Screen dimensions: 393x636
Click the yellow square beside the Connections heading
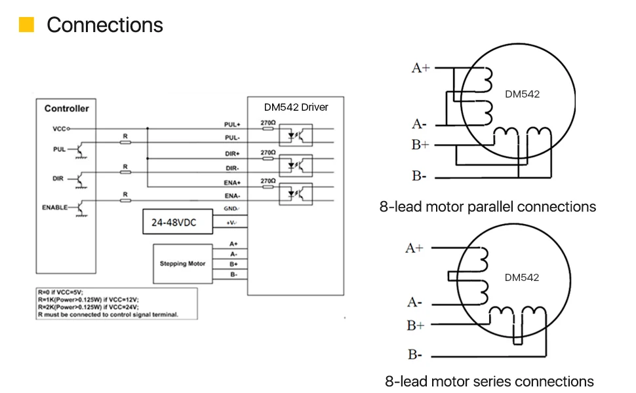click(x=26, y=25)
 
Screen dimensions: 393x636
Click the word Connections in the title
click(x=105, y=25)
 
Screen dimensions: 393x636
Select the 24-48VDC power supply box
click(x=173, y=223)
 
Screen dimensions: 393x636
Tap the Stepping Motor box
click(x=182, y=263)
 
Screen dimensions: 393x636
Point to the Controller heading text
click(x=66, y=108)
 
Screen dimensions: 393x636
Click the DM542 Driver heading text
click(x=296, y=107)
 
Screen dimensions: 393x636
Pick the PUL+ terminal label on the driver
click(x=233, y=124)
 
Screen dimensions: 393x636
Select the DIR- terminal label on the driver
click(x=233, y=168)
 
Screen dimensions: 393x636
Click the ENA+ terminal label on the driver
click(x=233, y=182)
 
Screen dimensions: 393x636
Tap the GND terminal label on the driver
click(x=231, y=209)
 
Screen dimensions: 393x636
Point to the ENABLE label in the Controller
click(x=55, y=207)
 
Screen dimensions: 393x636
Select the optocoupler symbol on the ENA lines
click(x=296, y=194)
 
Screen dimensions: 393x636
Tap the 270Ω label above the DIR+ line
click(x=268, y=152)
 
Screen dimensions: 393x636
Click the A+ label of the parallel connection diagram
click(x=420, y=67)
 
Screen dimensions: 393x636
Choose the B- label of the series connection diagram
click(x=414, y=355)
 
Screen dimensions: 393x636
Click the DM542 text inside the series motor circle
click(x=522, y=277)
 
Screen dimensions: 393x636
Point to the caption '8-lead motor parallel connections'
click(x=488, y=207)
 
